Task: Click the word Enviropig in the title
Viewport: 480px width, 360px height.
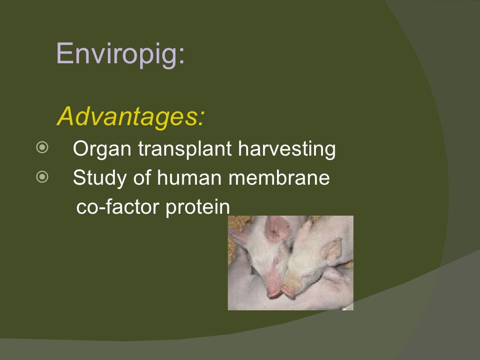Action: click(117, 54)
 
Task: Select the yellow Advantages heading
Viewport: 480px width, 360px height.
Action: click(130, 117)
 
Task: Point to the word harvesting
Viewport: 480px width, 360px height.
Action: click(287, 150)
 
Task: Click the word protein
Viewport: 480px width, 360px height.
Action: click(196, 208)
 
